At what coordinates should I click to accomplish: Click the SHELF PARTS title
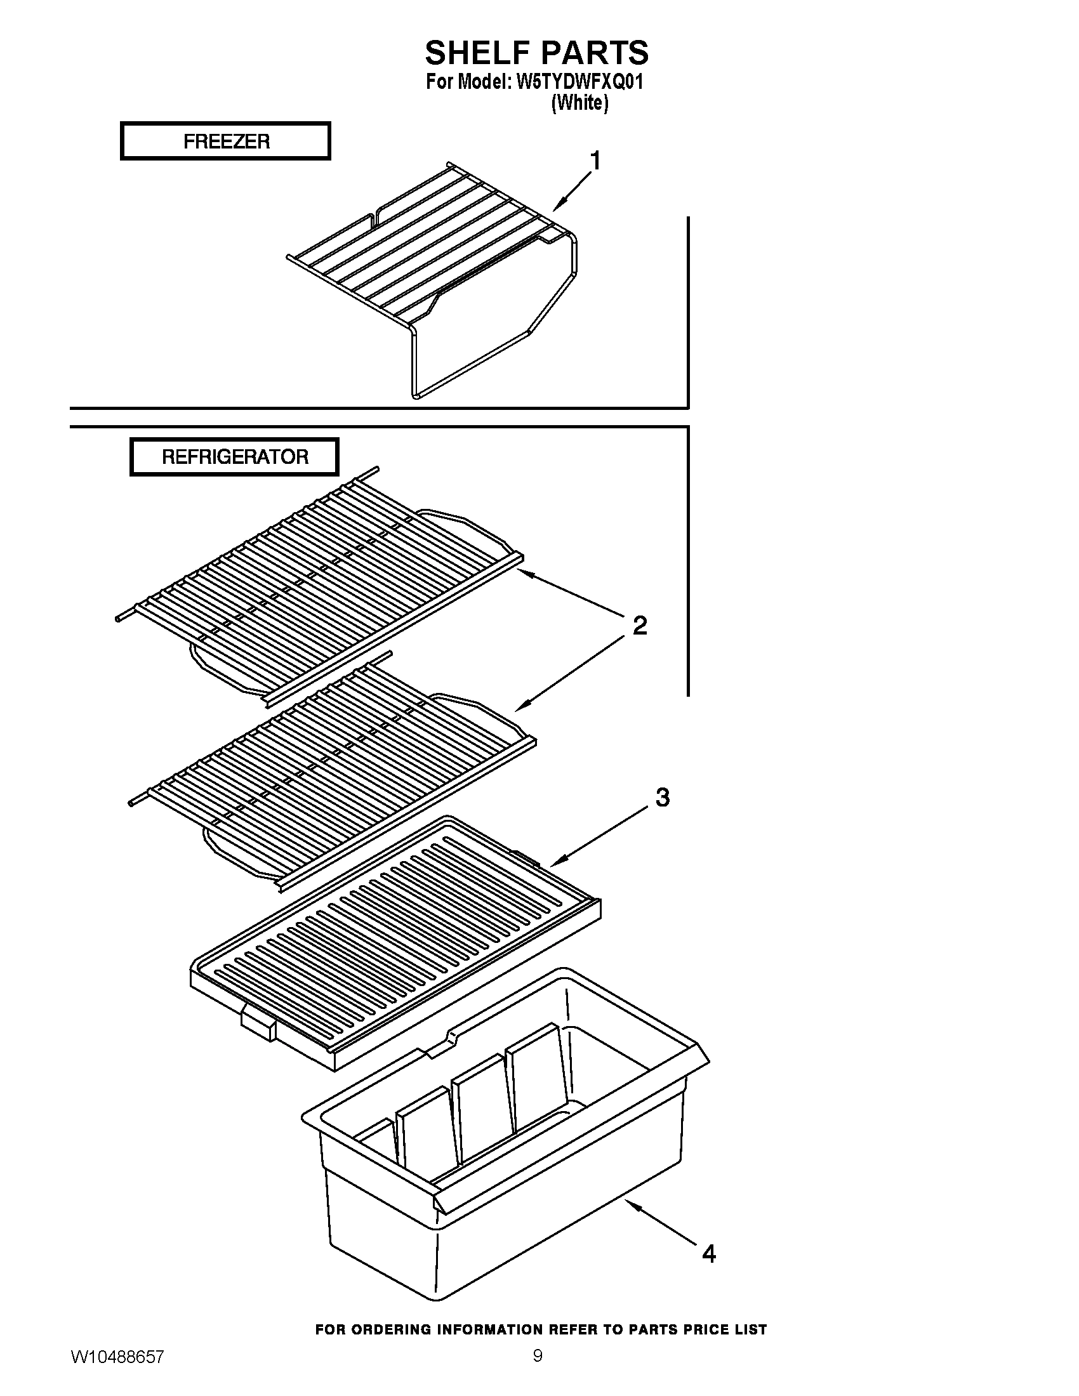[x=536, y=53]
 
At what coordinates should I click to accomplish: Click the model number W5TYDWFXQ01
[x=579, y=82]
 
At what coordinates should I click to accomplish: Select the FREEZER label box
[x=226, y=141]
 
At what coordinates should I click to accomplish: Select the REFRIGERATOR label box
[x=234, y=456]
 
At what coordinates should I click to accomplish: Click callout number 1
[x=595, y=161]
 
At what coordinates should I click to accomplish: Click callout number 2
[x=639, y=625]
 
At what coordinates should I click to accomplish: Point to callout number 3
[x=662, y=797]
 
